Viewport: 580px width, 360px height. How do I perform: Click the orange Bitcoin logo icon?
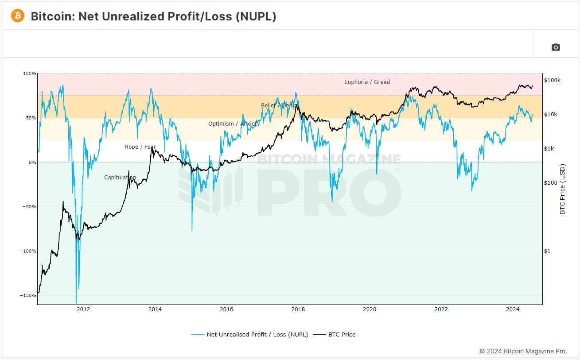click(18, 16)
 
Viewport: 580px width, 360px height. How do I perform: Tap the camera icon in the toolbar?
click(555, 47)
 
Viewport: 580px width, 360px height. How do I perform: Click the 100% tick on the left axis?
click(30, 74)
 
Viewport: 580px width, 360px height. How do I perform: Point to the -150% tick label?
click(28, 296)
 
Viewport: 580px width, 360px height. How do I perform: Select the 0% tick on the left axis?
click(33, 162)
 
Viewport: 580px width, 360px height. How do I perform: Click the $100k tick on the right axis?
click(552, 80)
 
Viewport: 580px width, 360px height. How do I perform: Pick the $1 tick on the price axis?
click(547, 251)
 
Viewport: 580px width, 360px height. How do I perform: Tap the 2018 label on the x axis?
click(298, 309)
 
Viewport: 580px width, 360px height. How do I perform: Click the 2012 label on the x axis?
click(83, 309)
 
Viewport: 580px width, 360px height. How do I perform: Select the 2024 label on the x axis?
click(513, 309)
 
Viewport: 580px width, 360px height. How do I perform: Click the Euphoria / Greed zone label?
click(367, 82)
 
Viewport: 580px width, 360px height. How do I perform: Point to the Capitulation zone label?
click(120, 178)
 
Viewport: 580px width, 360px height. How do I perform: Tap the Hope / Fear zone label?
click(140, 147)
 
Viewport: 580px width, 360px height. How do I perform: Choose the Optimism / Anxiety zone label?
click(234, 124)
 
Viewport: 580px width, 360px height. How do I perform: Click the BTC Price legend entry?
click(334, 335)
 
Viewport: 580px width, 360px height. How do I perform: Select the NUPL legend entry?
click(250, 335)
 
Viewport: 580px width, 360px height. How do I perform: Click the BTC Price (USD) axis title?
click(562, 189)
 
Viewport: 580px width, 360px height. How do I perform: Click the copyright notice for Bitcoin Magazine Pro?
click(523, 351)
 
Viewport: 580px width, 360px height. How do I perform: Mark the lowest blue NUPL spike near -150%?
click(76, 302)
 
